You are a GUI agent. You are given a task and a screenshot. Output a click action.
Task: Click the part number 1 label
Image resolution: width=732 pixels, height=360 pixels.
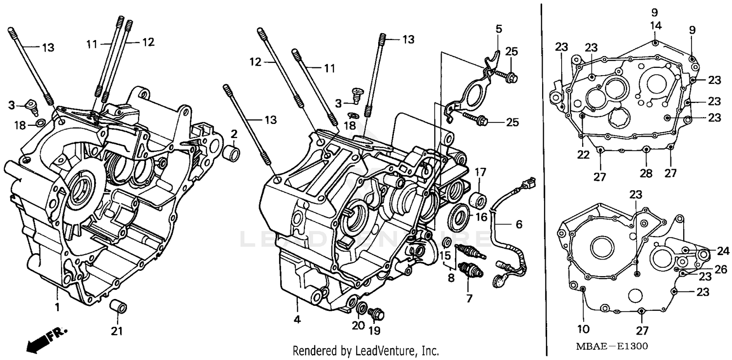pyautogui.click(x=57, y=308)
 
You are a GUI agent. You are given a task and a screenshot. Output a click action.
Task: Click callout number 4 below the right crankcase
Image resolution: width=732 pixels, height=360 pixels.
pyautogui.click(x=297, y=320)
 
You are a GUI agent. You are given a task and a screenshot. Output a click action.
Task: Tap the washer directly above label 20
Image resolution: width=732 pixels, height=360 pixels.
pyautogui.click(x=362, y=308)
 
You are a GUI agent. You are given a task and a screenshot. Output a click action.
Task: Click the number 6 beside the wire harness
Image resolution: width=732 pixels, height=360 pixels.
pyautogui.click(x=519, y=224)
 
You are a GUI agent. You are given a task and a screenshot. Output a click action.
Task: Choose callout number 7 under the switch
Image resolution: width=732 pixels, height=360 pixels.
pyautogui.click(x=469, y=299)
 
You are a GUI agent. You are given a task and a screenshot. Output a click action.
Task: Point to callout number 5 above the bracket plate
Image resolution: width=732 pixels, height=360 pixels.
pyautogui.click(x=498, y=29)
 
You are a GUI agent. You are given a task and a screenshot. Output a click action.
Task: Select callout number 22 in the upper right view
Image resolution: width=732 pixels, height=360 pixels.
pyautogui.click(x=583, y=154)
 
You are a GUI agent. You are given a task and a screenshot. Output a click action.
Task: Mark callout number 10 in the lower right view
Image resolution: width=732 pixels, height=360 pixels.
pyautogui.click(x=584, y=328)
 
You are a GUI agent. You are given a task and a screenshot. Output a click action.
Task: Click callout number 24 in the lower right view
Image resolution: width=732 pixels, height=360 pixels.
pyautogui.click(x=723, y=251)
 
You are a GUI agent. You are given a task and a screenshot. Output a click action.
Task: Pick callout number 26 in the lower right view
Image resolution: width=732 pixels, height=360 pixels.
pyautogui.click(x=721, y=269)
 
